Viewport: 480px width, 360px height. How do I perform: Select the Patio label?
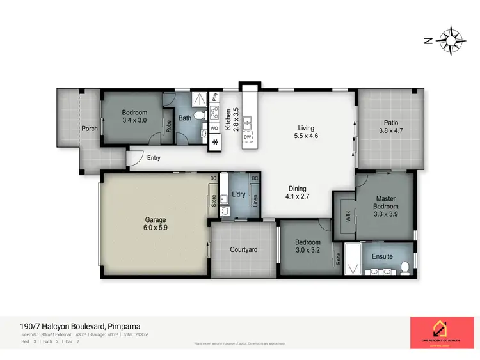pyautogui.click(x=391, y=127)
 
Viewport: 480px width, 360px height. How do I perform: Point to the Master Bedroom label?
pyautogui.click(x=387, y=207)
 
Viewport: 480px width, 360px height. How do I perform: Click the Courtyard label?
pyautogui.click(x=244, y=249)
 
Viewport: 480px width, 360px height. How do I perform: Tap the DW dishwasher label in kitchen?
pyautogui.click(x=246, y=137)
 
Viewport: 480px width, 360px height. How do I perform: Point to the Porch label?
pyautogui.click(x=90, y=129)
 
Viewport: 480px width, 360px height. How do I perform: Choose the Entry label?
pyautogui.click(x=154, y=158)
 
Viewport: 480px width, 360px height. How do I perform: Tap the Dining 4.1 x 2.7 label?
pyautogui.click(x=297, y=192)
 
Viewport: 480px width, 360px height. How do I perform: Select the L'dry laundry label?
pyautogui.click(x=239, y=194)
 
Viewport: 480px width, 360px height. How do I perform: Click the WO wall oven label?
pyautogui.click(x=214, y=129)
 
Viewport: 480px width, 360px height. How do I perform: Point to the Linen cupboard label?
pyautogui.click(x=255, y=201)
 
